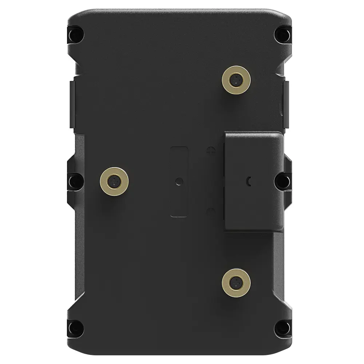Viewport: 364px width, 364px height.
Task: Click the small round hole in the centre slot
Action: pos(179,181)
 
